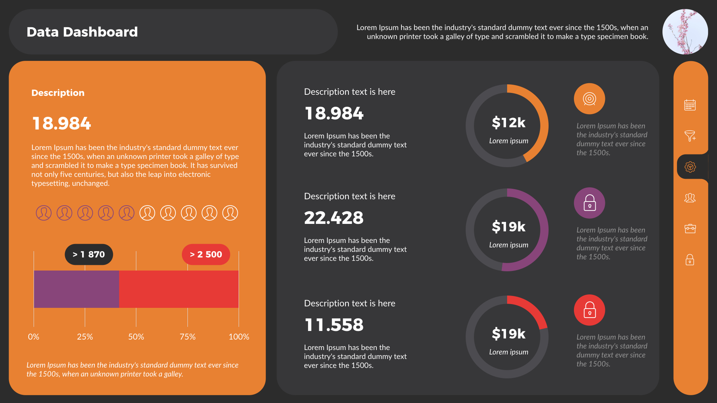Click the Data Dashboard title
click(x=82, y=32)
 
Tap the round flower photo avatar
click(x=685, y=32)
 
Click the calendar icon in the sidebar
click(x=690, y=105)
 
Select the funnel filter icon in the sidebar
click(x=690, y=136)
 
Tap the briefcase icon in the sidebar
click(x=690, y=228)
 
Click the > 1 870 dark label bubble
click(x=89, y=254)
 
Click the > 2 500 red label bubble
click(x=206, y=254)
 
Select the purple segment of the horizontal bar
click(x=76, y=289)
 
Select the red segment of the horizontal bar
click(x=179, y=289)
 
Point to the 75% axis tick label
click(x=187, y=337)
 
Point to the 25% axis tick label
click(x=85, y=337)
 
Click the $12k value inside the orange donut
click(x=508, y=122)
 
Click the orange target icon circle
click(x=589, y=99)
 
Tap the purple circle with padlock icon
click(x=589, y=203)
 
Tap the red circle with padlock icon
click(x=589, y=310)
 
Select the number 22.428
click(x=333, y=218)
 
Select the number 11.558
click(x=333, y=325)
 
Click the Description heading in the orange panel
click(x=58, y=93)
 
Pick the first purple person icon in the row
click(x=44, y=213)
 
